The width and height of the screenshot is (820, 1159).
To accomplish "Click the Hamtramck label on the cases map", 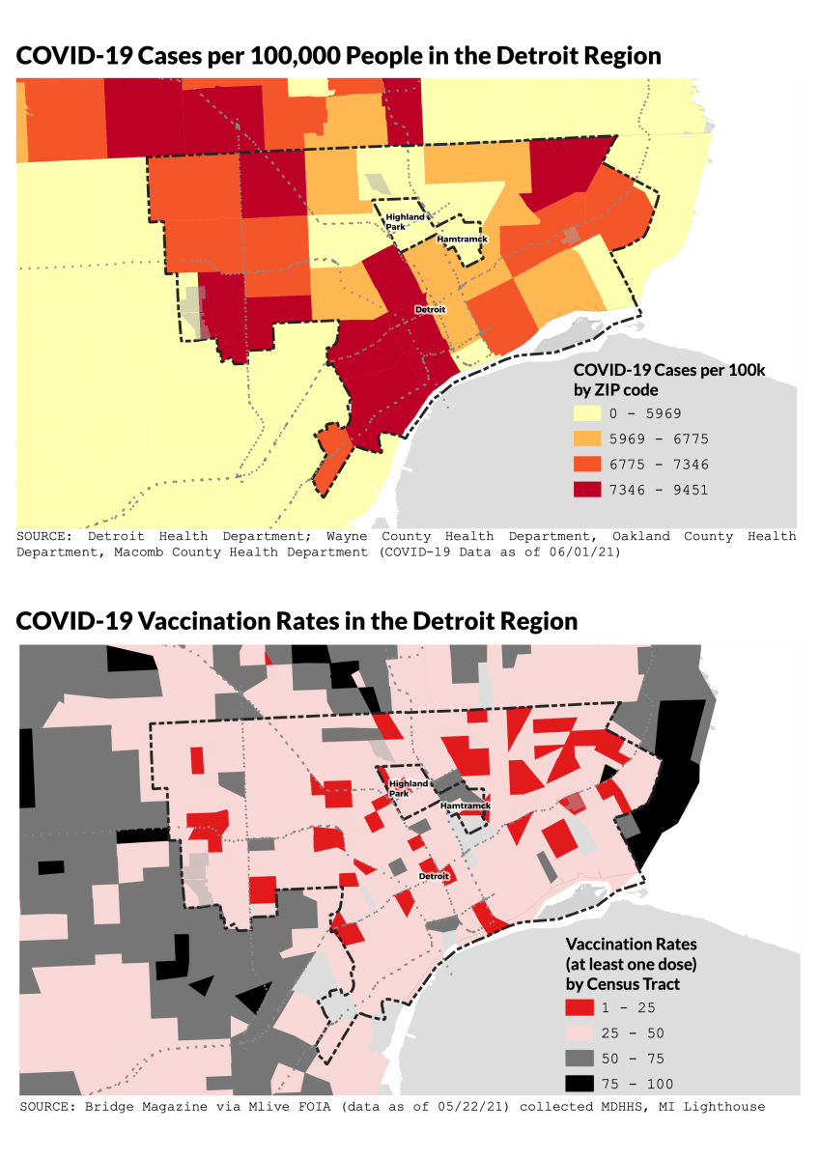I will point(462,238).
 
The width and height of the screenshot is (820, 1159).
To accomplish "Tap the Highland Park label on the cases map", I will point(405,222).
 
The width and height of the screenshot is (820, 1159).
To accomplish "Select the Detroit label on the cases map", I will point(430,309).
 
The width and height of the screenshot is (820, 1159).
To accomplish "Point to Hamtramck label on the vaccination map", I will point(466,805).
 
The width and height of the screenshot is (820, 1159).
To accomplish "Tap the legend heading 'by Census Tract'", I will point(622,984).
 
